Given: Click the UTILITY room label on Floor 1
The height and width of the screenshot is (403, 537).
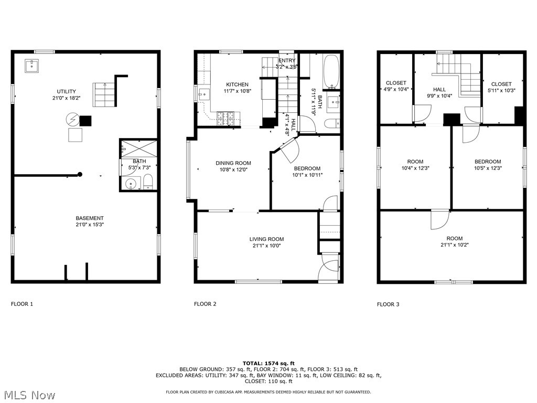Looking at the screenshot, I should pyautogui.click(x=67, y=91).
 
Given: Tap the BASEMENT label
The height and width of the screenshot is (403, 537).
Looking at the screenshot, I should pyautogui.click(x=90, y=218).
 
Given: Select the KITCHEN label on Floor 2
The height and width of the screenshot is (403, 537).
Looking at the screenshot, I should pyautogui.click(x=237, y=84).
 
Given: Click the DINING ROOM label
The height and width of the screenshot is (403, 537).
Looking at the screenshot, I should pyautogui.click(x=233, y=163).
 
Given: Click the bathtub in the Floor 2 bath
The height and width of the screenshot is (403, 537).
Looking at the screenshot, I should pyautogui.click(x=331, y=72).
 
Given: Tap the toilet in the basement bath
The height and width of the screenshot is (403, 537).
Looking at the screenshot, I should pyautogui.click(x=148, y=182).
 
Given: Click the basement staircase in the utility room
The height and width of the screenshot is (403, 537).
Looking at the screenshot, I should pyautogui.click(x=103, y=94).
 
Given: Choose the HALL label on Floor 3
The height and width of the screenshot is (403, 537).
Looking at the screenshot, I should pyautogui.click(x=439, y=90).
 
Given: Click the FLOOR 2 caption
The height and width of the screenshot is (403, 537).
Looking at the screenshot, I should pyautogui.click(x=205, y=304).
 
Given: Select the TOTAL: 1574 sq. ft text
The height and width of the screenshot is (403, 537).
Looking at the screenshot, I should pyautogui.click(x=268, y=363).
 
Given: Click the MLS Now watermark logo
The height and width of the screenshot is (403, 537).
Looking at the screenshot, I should pyautogui.click(x=29, y=395).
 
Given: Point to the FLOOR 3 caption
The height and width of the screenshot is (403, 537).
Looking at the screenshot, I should pyautogui.click(x=388, y=304).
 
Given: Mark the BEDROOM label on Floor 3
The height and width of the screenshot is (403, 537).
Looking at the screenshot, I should pyautogui.click(x=488, y=162).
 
